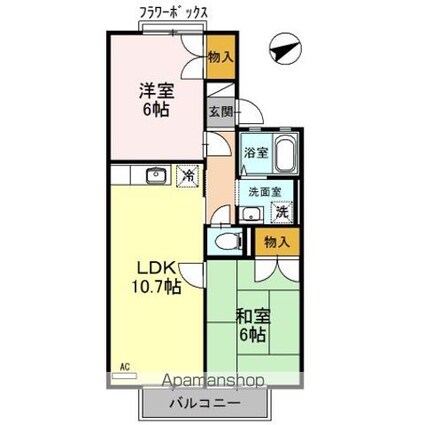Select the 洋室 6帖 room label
click(156, 98)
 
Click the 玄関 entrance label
click(219, 111)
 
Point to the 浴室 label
click(255, 153)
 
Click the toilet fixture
click(226, 241)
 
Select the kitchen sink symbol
click(155, 176)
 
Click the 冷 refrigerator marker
click(186, 175)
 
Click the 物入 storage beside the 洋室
click(221, 56)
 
